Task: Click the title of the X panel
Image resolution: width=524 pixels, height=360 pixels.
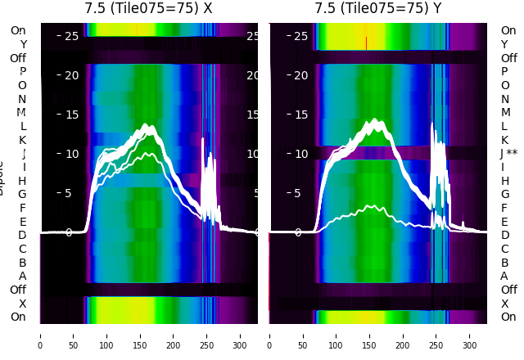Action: pos(148,8)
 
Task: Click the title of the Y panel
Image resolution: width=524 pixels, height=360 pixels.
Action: pos(378,8)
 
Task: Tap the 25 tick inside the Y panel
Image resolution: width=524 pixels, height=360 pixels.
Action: pos(300,36)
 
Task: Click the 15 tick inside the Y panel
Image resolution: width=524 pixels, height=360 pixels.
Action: pos(300,115)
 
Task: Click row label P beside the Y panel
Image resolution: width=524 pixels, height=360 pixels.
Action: pos(505,72)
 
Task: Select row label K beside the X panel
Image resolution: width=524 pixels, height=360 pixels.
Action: pos(23,140)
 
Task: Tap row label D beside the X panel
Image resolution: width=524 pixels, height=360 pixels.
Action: pos(23,236)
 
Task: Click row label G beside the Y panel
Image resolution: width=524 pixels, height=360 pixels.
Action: pos(505,195)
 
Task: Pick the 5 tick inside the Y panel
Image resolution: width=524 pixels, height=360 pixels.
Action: pos(300,193)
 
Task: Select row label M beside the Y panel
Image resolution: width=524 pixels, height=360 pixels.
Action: pos(505,113)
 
